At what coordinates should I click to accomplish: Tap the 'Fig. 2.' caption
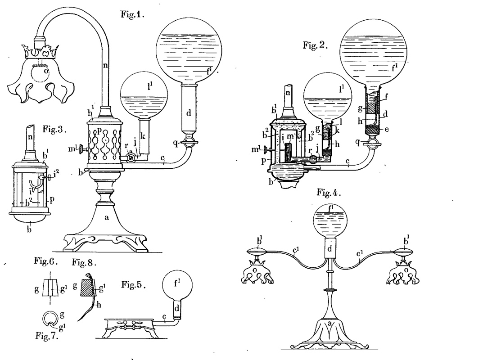click(316, 46)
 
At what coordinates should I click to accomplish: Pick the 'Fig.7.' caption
click(46, 335)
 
